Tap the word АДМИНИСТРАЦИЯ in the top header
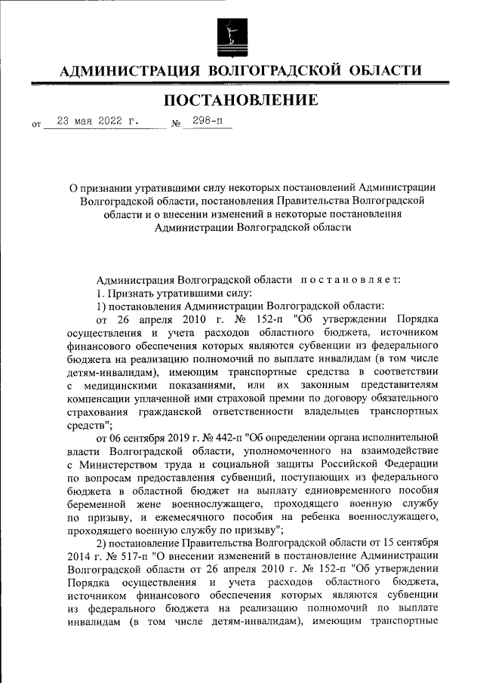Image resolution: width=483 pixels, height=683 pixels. coord(128,71)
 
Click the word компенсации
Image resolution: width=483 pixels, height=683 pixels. coord(100,398)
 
